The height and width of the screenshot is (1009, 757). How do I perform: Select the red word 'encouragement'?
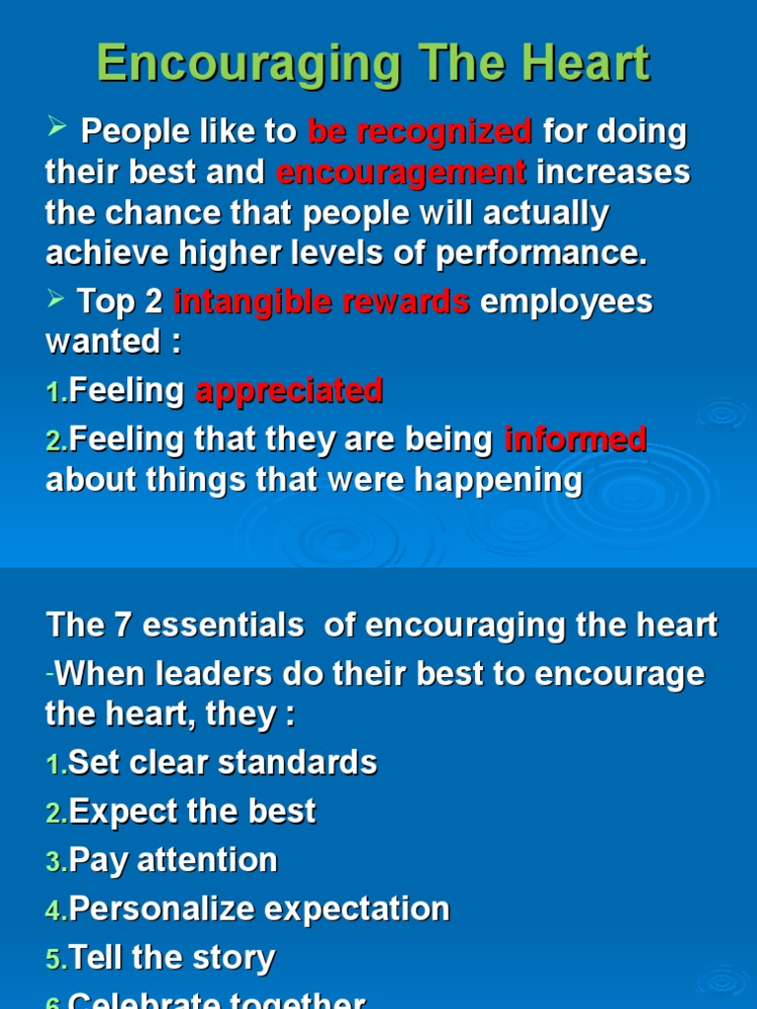pos(401,172)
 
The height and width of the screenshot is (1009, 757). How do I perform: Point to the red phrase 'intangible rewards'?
pos(321,302)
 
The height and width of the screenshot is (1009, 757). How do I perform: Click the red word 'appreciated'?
pos(289,391)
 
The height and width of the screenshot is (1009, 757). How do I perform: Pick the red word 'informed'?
pos(575,439)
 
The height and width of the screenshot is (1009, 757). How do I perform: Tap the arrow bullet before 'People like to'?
pos(55,127)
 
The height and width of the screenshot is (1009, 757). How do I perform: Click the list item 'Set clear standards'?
pos(223,763)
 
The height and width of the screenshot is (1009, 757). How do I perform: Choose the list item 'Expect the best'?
pos(192,812)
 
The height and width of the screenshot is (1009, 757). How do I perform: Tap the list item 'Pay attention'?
pos(173,860)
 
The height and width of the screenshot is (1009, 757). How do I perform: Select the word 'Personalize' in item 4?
pos(165,908)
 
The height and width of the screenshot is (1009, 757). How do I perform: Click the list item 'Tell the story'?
pos(172,957)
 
